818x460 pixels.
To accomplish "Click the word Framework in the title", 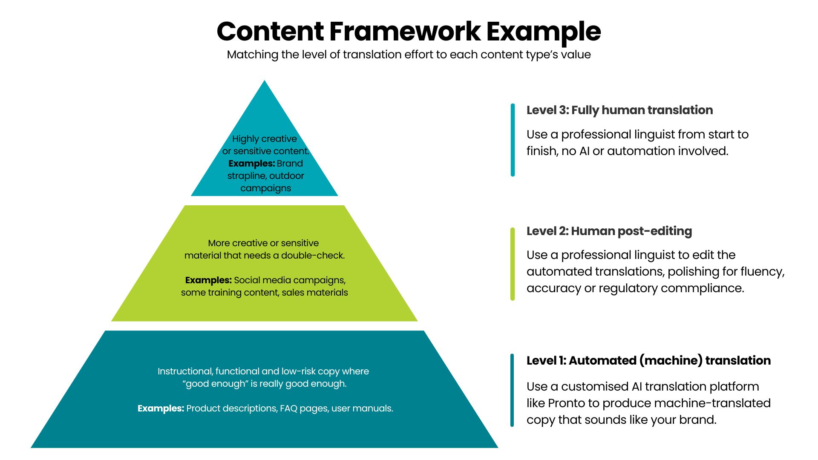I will click(x=405, y=32).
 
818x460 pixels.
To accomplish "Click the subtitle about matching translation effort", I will click(x=409, y=55).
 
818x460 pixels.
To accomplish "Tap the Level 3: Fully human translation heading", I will click(x=619, y=110).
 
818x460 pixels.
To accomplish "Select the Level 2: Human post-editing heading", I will click(x=609, y=231).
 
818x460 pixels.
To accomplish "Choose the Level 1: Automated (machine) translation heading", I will click(x=648, y=361).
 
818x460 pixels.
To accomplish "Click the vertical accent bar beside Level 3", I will click(x=513, y=140).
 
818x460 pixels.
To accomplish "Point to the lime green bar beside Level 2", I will click(x=513, y=264).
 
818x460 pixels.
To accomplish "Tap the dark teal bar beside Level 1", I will click(x=512, y=390).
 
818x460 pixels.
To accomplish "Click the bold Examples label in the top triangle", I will click(x=251, y=164).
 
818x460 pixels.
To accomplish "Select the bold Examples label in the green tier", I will click(x=208, y=280).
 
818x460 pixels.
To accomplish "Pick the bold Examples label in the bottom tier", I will click(x=161, y=408).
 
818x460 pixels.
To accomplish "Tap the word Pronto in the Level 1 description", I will click(x=566, y=403).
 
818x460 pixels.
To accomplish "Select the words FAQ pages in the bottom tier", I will click(x=304, y=408).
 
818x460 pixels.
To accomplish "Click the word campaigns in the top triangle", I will click(x=265, y=188).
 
